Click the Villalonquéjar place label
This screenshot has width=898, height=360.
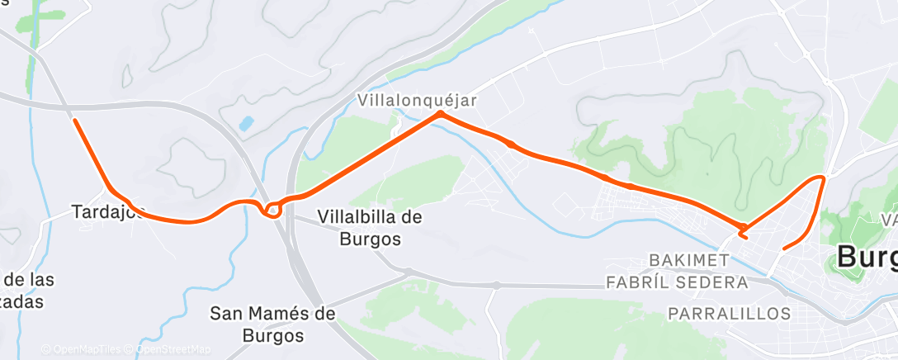click(x=418, y=99)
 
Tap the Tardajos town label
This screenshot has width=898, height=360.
click(x=107, y=212)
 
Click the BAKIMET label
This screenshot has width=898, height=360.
click(x=689, y=260)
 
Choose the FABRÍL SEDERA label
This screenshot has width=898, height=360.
click(x=677, y=282)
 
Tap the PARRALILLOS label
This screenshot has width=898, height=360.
click(x=729, y=314)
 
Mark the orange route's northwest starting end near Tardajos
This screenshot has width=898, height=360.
click(x=75, y=121)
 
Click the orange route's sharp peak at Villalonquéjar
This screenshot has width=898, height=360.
click(x=441, y=114)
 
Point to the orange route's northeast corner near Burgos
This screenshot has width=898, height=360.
click(x=822, y=177)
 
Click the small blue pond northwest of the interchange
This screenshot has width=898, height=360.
click(x=246, y=125)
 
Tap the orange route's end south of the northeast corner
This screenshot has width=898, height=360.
click(x=782, y=247)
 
